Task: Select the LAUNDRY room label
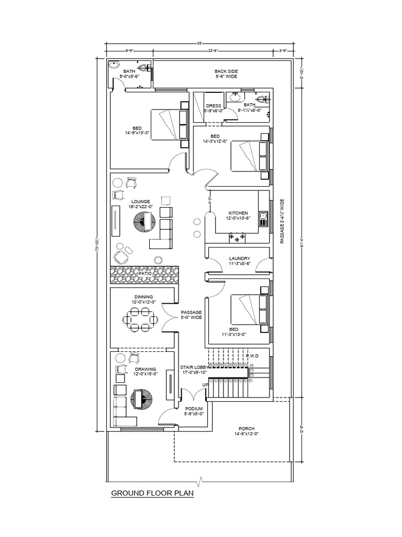coord(239,259)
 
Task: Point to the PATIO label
coord(145,274)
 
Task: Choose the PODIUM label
coord(194,408)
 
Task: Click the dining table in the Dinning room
coord(140,319)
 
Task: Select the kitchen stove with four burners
coord(237,239)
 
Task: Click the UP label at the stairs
coord(205,384)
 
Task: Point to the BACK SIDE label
coord(226,71)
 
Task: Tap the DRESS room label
coord(213,105)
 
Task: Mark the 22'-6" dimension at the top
coord(213,51)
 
